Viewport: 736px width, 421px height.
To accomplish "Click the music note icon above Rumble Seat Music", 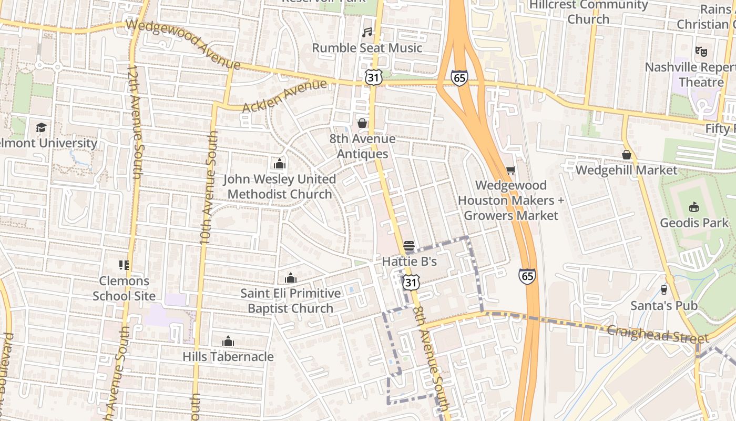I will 367,33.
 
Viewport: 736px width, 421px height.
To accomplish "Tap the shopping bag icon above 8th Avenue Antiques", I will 362,123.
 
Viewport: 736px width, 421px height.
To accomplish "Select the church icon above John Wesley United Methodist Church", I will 280,164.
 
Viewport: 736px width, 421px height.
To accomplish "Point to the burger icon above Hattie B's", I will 409,246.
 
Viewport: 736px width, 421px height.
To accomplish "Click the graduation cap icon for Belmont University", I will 41,127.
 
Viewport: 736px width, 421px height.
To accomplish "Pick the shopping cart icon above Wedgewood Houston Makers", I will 510,170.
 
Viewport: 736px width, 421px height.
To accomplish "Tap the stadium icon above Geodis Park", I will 694,207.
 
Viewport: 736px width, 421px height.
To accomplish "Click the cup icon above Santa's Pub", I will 663,290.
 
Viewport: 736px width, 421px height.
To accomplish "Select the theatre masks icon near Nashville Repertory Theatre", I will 701,52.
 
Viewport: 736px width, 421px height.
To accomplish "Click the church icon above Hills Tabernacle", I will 228,341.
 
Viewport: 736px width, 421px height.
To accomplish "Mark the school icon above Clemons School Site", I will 124,265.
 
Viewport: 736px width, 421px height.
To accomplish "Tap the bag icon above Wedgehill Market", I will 626,155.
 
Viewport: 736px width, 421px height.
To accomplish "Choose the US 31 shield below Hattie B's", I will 411,283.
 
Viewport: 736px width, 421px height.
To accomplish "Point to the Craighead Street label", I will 658,334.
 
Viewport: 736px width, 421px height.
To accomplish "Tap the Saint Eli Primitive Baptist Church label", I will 290,300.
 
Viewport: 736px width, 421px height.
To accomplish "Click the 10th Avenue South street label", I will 209,187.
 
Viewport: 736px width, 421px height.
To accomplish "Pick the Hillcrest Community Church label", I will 588,12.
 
